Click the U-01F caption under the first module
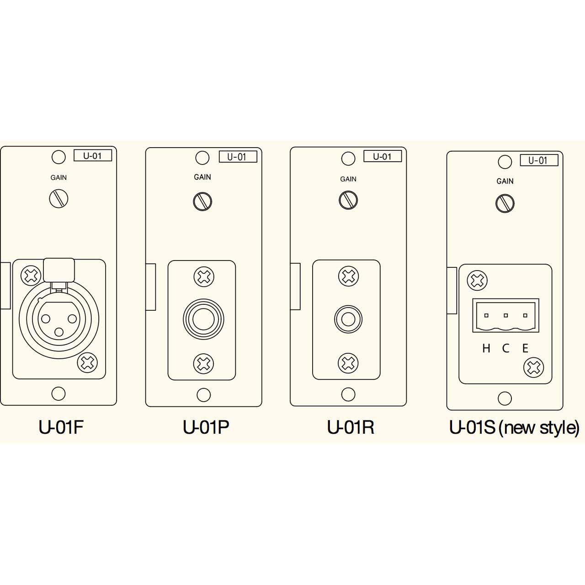pyautogui.click(x=61, y=427)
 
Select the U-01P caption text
pyautogui.click(x=206, y=427)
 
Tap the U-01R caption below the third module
pyautogui.click(x=351, y=427)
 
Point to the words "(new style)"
pyautogui.click(x=539, y=428)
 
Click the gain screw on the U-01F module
pyautogui.click(x=58, y=198)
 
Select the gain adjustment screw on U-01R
pyautogui.click(x=348, y=200)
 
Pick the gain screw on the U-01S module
pyautogui.click(x=505, y=203)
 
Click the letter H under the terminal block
pyautogui.click(x=486, y=349)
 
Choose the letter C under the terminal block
pyautogui.click(x=505, y=349)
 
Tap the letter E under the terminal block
pyautogui.click(x=525, y=349)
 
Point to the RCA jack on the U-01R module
pyautogui.click(x=348, y=319)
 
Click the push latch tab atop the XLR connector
pyautogui.click(x=59, y=271)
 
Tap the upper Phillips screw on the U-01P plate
pyautogui.click(x=204, y=277)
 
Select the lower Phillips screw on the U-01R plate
pyautogui.click(x=348, y=363)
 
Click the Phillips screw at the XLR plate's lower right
pyautogui.click(x=87, y=363)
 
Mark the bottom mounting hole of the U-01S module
pyautogui.click(x=505, y=399)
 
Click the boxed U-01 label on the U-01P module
pyautogui.click(x=238, y=157)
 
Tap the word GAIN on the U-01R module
pyautogui.click(x=348, y=179)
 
